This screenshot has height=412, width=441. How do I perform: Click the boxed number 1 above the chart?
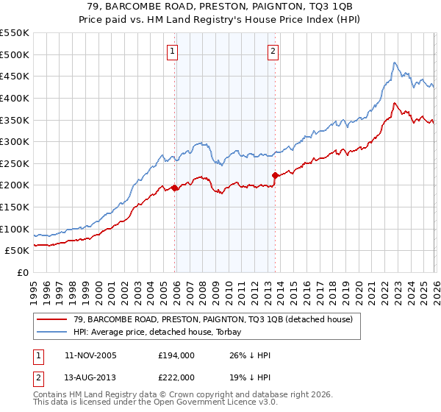pyautogui.click(x=171, y=51)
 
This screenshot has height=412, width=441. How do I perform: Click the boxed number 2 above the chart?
pyautogui.click(x=273, y=51)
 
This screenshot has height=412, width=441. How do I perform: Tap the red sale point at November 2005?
pyautogui.click(x=175, y=188)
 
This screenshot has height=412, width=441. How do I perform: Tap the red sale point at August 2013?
pyautogui.click(x=275, y=175)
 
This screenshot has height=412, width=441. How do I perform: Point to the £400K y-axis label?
pyautogui.click(x=15, y=98)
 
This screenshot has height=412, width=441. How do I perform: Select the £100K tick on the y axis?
pyautogui.click(x=15, y=229)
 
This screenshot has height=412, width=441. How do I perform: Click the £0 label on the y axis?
pyautogui.click(x=23, y=272)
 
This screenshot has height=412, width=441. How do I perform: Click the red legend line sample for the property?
pyautogui.click(x=52, y=319)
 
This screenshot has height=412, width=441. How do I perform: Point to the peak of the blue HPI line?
pyautogui.click(x=395, y=63)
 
